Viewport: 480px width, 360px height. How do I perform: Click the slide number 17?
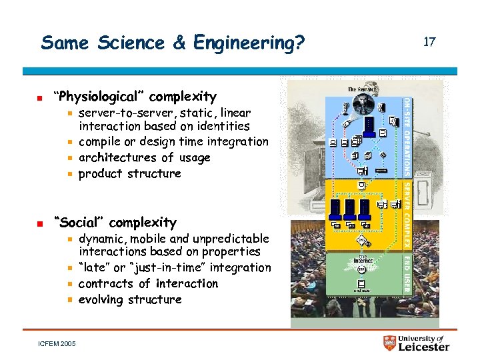(x=429, y=42)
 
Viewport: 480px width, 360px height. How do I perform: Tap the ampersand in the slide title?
(x=179, y=43)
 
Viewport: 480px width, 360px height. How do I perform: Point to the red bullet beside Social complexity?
(x=40, y=223)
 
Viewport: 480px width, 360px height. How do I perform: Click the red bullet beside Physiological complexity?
(x=40, y=97)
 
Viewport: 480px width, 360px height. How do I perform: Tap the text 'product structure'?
(x=130, y=173)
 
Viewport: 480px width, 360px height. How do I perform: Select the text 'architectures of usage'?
(x=144, y=158)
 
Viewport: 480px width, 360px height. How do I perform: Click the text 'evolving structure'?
(x=130, y=299)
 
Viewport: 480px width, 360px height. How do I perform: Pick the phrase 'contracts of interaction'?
(x=148, y=283)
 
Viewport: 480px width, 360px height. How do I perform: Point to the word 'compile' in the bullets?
(x=99, y=141)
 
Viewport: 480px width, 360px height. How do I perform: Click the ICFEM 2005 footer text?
(x=57, y=343)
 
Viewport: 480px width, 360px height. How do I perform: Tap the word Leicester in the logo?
(x=424, y=347)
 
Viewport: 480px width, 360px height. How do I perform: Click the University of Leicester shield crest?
(x=390, y=343)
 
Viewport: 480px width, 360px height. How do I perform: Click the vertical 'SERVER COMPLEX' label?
(x=407, y=213)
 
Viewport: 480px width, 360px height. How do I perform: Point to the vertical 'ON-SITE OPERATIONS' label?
(x=407, y=137)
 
